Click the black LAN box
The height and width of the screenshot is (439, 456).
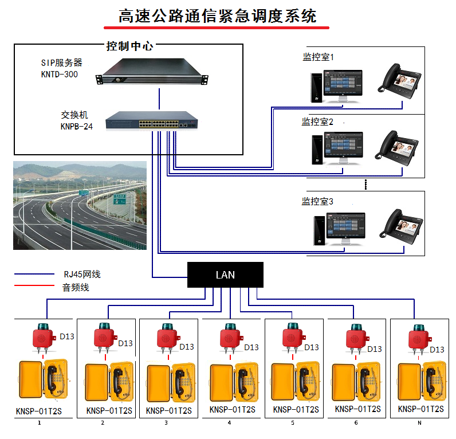coord(225,275)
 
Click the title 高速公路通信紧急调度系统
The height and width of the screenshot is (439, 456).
coord(217,15)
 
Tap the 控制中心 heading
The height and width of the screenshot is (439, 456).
coord(130,46)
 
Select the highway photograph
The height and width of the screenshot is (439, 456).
coord(80,206)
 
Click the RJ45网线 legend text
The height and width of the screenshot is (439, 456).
coord(82,275)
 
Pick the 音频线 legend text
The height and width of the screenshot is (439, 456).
coord(76,287)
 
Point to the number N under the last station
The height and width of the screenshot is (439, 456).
coord(419,423)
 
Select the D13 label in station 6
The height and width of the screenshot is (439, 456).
coord(374,348)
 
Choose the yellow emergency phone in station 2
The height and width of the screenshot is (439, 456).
coord(109,381)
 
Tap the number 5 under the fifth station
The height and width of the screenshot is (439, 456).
coord(292,423)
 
